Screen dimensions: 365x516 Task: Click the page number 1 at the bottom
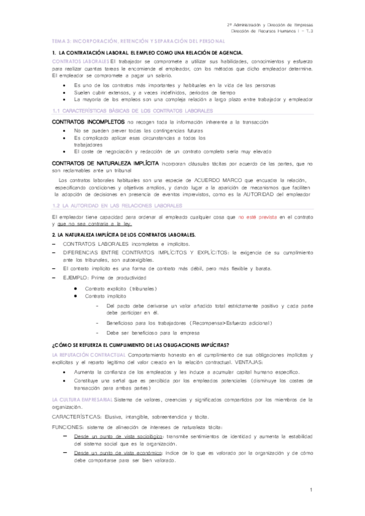(x=311, y=490)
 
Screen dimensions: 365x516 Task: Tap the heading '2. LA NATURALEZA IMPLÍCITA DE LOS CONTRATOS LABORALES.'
(x=124, y=234)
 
